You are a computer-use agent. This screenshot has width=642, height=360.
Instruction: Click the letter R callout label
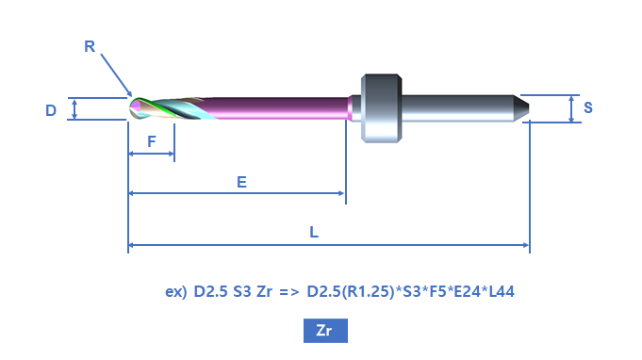[x=90, y=46]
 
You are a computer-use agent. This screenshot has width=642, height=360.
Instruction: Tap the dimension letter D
[x=51, y=110]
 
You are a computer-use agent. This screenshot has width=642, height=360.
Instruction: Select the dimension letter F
[x=152, y=141]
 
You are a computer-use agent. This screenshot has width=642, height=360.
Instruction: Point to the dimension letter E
[x=241, y=182]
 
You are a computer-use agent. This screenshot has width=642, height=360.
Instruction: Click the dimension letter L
[x=314, y=233]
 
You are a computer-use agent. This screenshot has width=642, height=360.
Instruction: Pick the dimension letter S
[x=588, y=107]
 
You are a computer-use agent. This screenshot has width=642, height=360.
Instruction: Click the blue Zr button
[x=325, y=331]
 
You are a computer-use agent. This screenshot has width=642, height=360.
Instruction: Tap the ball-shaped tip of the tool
[x=136, y=108]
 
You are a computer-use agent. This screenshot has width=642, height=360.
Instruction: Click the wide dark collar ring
[x=381, y=108]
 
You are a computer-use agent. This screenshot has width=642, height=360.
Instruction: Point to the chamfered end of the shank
[x=521, y=108]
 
